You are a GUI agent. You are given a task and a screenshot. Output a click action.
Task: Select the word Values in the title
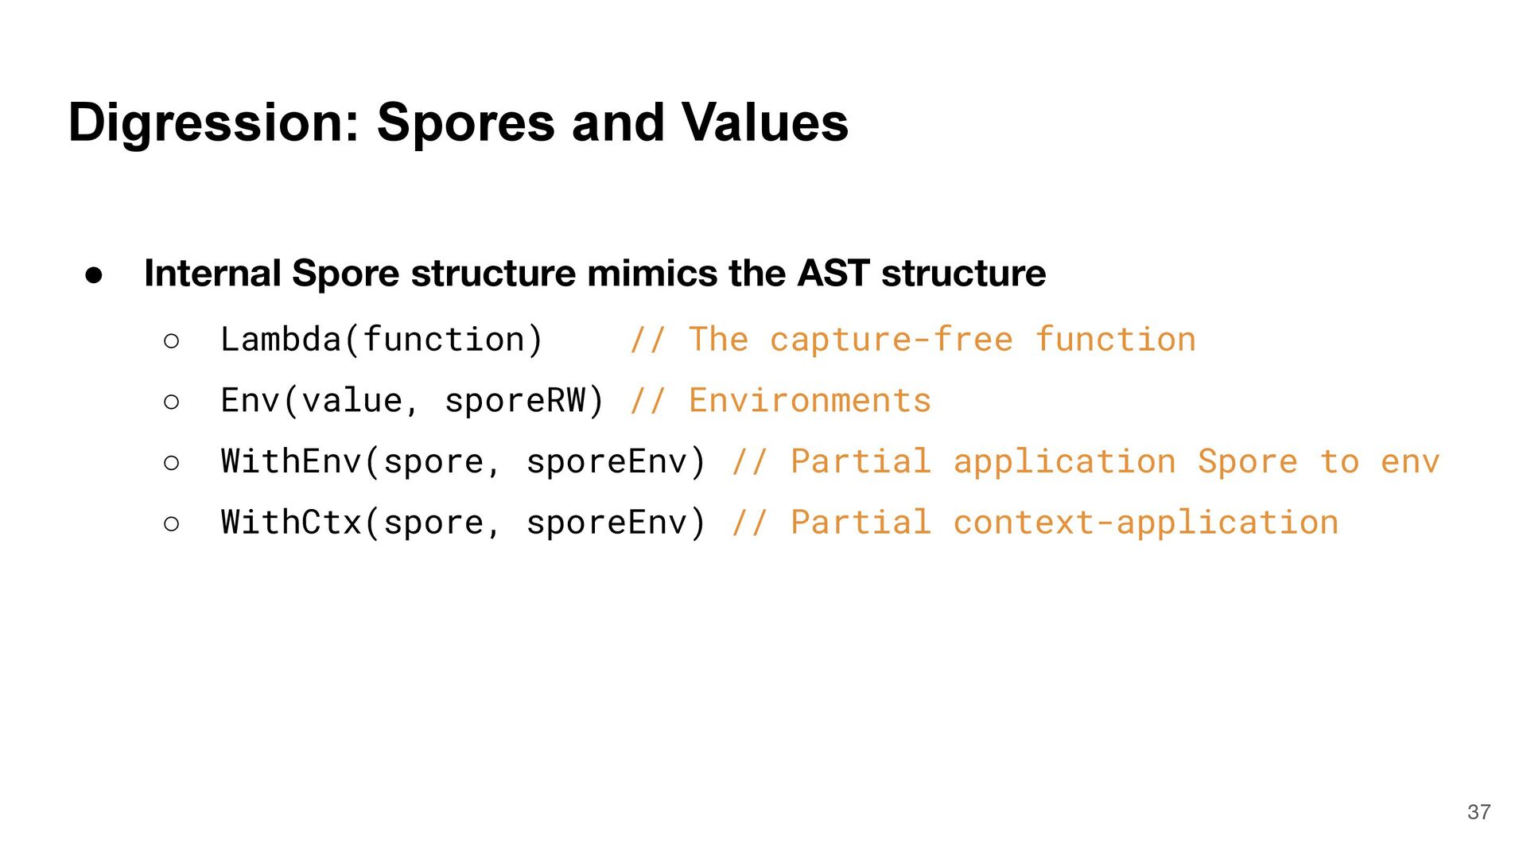point(765,123)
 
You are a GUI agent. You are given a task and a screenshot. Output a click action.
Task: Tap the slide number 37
point(1478,812)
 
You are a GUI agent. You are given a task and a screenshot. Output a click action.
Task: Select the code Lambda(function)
point(382,340)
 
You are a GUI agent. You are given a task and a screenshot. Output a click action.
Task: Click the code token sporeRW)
point(524,401)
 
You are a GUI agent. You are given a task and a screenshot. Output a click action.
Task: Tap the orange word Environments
point(810,401)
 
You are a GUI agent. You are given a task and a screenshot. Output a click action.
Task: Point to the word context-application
point(1146,523)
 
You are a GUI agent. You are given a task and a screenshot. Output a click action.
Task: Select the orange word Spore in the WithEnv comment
point(1247,462)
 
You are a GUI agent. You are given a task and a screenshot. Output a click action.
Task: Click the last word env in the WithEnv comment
point(1410,462)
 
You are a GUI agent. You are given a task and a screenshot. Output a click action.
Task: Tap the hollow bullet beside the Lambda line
point(171,342)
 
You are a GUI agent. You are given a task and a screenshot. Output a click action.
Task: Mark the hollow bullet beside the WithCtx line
point(171,524)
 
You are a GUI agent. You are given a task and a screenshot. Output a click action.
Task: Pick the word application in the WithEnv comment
point(1064,462)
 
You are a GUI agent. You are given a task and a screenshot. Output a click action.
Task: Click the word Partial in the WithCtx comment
point(861,523)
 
